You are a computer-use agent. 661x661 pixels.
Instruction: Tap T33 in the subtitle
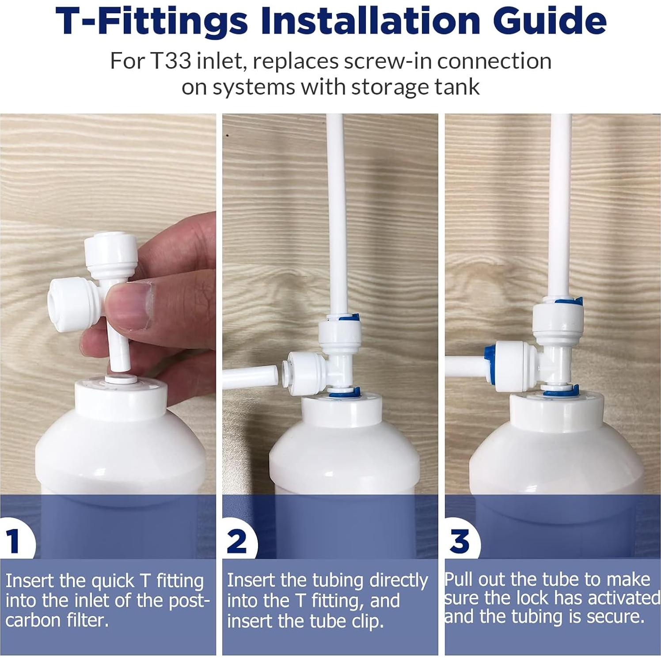pos(170,61)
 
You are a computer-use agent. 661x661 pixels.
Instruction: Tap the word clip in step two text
pos(366,622)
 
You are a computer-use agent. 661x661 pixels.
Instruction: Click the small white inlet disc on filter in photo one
pos(121,379)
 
